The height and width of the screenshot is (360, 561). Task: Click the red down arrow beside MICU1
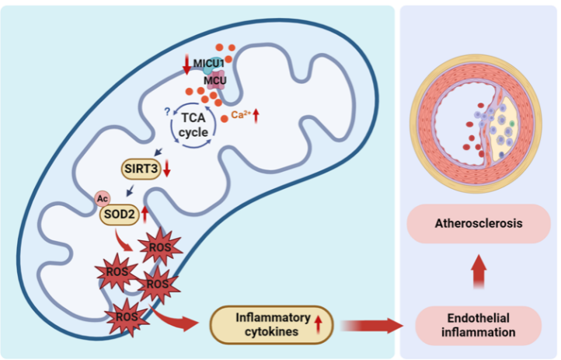[186, 65]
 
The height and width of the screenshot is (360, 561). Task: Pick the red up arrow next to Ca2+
[255, 115]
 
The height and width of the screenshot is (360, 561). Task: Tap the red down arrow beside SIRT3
[166, 168]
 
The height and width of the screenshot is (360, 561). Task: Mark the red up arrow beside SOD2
[145, 212]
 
